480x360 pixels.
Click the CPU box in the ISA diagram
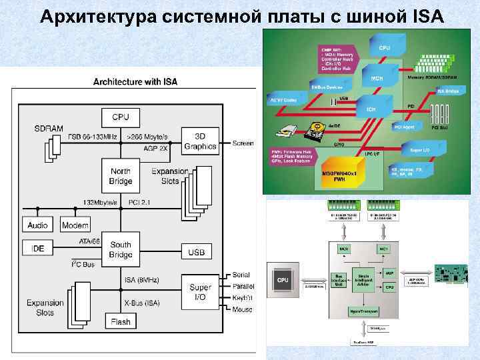pyautogui.click(x=121, y=117)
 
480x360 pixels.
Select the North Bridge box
pyautogui.click(x=121, y=176)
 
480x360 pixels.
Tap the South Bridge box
pyautogui.click(x=121, y=249)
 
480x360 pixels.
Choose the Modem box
pyautogui.click(x=75, y=225)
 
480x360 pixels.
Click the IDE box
pyautogui.click(x=38, y=248)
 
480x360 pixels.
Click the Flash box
pyautogui.click(x=121, y=322)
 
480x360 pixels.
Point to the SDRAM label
pyautogui.click(x=49, y=127)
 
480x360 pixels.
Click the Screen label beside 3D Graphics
pyautogui.click(x=243, y=143)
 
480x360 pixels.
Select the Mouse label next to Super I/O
pyautogui.click(x=243, y=309)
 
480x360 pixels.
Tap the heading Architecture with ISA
pyautogui.click(x=135, y=82)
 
